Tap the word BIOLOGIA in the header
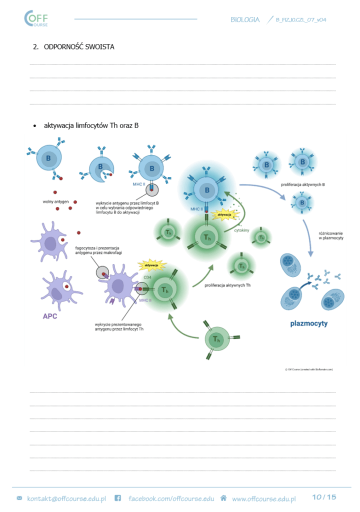[x=245, y=19]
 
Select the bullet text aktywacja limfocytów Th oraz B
[x=91, y=125]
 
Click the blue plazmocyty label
[x=308, y=323]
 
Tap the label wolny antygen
[x=55, y=202]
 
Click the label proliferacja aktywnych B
[x=303, y=184]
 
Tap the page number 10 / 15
[x=324, y=497]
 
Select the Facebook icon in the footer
[x=118, y=498]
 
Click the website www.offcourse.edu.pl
[x=263, y=498]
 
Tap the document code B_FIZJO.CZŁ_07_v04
[x=301, y=20]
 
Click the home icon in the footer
[x=223, y=498]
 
